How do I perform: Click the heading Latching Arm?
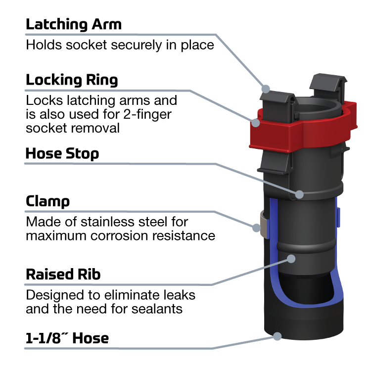74,25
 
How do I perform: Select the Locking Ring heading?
72,81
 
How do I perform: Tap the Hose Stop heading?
62,154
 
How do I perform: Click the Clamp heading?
47,202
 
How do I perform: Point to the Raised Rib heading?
63,275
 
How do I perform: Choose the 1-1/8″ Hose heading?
67,338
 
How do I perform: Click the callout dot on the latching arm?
266,89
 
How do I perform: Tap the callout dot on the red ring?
256,123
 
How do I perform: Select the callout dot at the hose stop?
299,194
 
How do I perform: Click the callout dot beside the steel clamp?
256,228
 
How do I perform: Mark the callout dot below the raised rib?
291,259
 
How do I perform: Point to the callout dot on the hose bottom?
277,336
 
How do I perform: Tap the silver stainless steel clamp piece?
264,225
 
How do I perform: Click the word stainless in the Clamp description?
108,222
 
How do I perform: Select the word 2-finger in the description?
147,115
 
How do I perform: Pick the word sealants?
157,309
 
